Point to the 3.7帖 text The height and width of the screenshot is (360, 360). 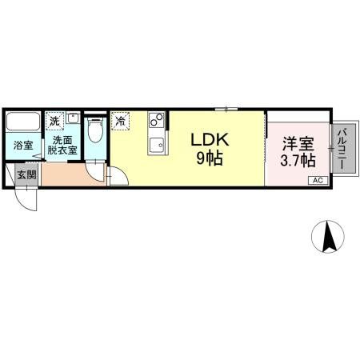297,160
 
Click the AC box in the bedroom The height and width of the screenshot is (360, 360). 316,181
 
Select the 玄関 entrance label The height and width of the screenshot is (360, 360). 26,174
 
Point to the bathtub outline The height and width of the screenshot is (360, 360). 23,123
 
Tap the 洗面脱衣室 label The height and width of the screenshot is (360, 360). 63,144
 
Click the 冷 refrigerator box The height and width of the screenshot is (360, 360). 120,122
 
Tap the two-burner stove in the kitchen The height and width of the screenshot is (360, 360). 156,122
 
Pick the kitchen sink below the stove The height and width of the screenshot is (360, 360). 156,146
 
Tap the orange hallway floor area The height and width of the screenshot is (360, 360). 68,174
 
